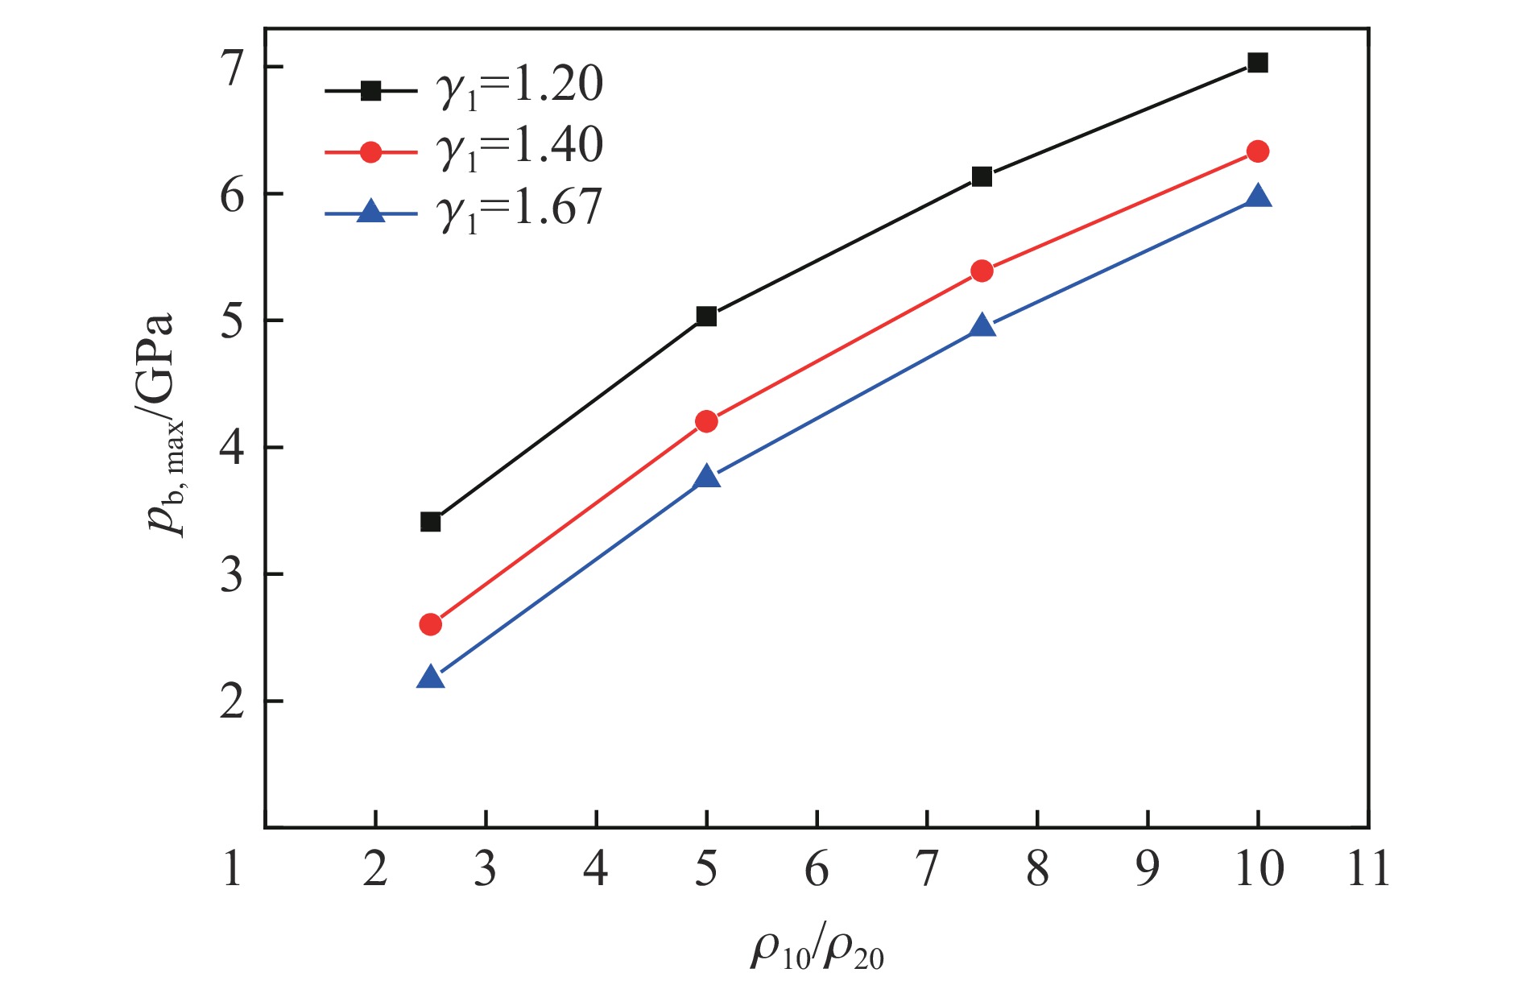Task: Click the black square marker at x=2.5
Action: [x=431, y=522]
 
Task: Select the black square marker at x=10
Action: [x=1257, y=63]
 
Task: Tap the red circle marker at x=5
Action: [x=706, y=421]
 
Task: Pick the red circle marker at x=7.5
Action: [x=982, y=271]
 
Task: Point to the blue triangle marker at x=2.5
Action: [x=431, y=677]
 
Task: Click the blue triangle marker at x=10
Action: [x=1257, y=197]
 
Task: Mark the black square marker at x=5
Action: [x=706, y=317]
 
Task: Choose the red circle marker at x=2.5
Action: [x=431, y=624]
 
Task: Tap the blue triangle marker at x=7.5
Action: [x=982, y=326]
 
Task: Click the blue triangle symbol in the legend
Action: [x=370, y=213]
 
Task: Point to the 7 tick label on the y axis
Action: [x=232, y=68]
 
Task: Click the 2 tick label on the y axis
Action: [x=232, y=702]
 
